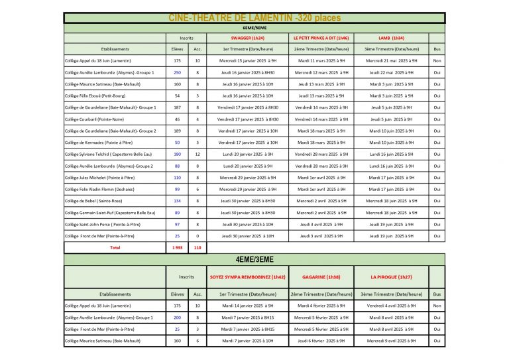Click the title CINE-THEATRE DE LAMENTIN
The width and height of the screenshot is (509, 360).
tap(254, 17)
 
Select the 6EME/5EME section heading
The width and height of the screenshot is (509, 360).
tap(254, 29)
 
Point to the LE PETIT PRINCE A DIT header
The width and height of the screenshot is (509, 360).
tap(321, 38)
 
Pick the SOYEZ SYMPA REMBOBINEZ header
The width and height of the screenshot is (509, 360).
tap(249, 276)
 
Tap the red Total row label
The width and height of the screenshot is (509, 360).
tap(115, 247)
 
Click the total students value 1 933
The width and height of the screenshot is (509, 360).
tap(177, 247)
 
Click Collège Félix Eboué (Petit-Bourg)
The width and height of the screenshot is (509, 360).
tap(96, 95)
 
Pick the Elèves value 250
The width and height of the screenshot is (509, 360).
tap(177, 72)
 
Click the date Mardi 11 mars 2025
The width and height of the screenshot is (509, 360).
tap(321, 60)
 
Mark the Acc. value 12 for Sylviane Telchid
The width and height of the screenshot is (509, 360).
tap(198, 154)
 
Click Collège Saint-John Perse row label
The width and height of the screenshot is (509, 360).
tap(100, 224)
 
